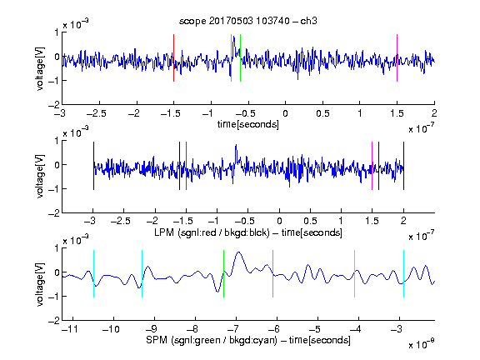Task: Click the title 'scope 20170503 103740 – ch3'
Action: coord(248,21)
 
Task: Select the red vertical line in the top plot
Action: coord(173,57)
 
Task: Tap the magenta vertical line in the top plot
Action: coord(397,57)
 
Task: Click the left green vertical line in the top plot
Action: coord(231,57)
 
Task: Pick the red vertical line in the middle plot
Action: coord(186,166)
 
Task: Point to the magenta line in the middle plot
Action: coord(372,166)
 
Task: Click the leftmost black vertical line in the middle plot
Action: coord(93,166)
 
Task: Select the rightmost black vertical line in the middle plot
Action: coord(403,166)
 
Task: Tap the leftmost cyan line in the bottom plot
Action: coord(93,273)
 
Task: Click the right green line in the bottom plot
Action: coord(272,273)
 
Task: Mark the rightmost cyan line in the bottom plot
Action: coord(403,273)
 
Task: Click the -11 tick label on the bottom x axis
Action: coord(70,329)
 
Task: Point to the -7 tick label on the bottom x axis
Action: coord(233,329)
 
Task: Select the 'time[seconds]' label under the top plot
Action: coord(248,124)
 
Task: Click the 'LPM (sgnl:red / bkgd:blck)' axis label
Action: coord(212,232)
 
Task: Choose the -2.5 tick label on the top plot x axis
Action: coord(97,113)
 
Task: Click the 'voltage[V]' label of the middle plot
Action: coord(40,177)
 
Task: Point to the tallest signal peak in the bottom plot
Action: coord(238,252)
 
